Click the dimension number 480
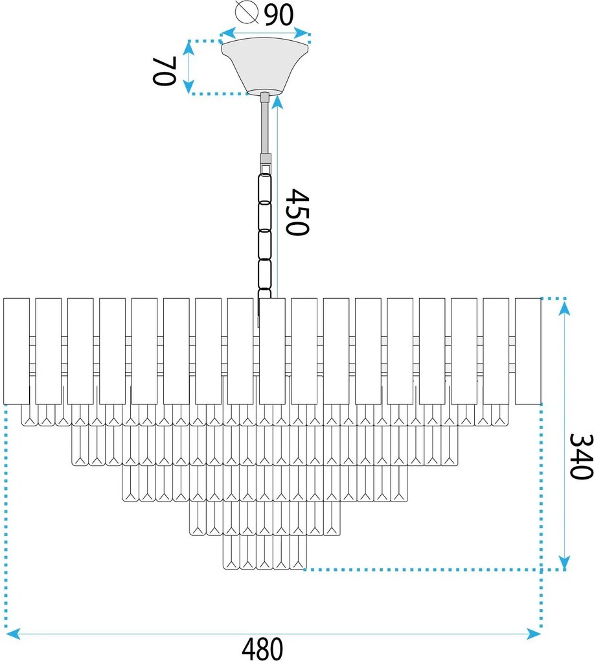[262, 649]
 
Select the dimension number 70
[165, 71]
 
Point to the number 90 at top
[278, 14]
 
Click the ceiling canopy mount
[266, 65]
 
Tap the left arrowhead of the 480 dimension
[13, 633]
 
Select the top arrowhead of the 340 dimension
[564, 308]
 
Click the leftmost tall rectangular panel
[16, 351]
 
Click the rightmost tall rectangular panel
[527, 351]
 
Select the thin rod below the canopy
[266, 126]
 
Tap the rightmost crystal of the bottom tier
[297, 554]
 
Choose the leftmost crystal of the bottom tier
[231, 554]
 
